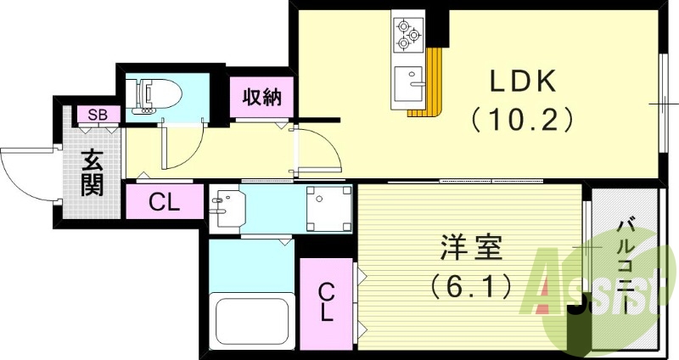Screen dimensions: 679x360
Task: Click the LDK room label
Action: (x=522, y=82)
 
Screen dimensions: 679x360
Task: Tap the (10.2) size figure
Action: (x=522, y=120)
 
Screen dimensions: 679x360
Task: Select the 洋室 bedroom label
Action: (x=471, y=247)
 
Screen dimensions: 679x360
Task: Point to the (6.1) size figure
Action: (x=471, y=286)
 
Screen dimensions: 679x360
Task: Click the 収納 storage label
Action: (x=261, y=97)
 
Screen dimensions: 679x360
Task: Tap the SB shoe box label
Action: (x=98, y=115)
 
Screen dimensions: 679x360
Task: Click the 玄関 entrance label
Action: (x=93, y=173)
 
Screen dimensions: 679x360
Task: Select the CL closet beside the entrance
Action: (x=164, y=201)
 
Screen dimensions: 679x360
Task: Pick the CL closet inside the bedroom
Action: (x=327, y=302)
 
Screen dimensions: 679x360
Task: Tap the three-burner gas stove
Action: (x=407, y=35)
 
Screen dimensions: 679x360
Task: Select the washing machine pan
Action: (x=328, y=208)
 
